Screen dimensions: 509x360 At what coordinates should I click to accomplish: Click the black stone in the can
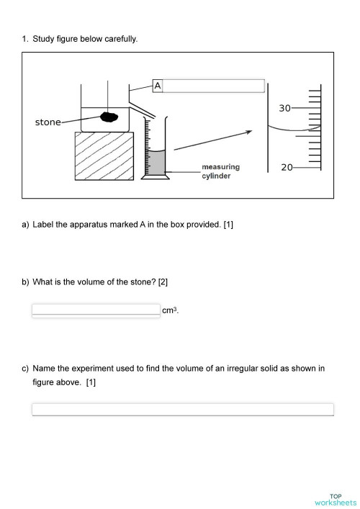coord(109,117)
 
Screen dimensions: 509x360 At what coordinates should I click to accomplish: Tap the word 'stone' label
coord(48,122)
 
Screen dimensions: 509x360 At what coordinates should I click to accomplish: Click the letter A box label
coord(158,86)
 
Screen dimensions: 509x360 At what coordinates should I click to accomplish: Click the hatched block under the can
coord(104,156)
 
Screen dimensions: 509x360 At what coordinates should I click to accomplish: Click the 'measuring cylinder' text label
coord(220,171)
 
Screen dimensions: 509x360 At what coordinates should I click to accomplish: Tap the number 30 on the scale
coord(285,108)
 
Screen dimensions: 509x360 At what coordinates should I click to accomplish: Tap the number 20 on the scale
coord(287,167)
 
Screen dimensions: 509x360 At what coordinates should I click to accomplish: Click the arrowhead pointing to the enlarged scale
coord(249,132)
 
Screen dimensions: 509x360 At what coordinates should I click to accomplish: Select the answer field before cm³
coord(96,310)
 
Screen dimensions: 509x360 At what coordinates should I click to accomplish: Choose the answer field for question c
coord(183,409)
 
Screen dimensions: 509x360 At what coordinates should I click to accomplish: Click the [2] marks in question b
coord(163,281)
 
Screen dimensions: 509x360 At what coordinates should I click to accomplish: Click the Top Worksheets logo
coord(336,500)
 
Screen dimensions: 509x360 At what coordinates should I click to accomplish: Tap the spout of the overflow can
coord(144,105)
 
